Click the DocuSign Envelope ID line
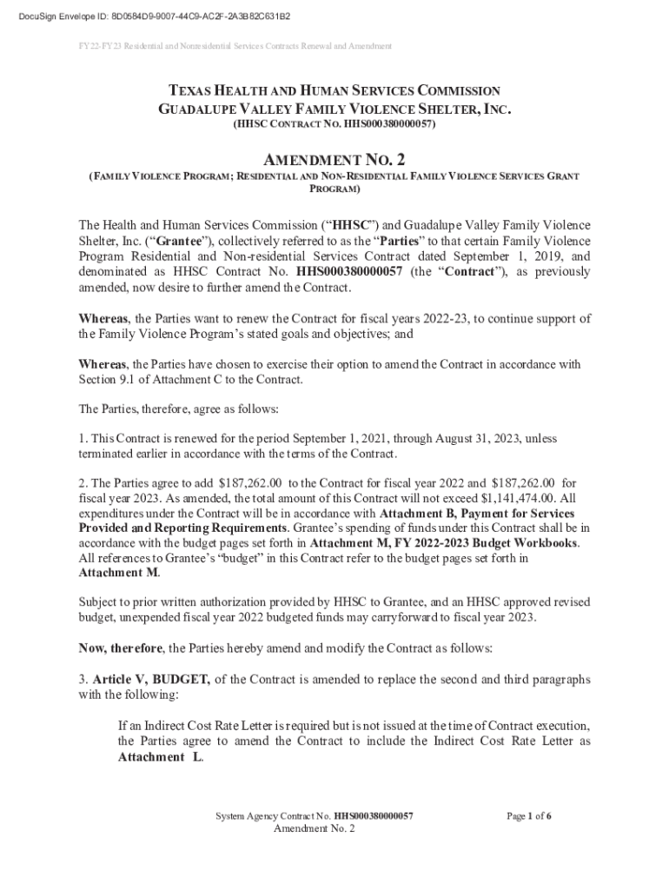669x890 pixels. pos(148,17)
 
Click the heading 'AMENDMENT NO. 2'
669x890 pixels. pos(334,160)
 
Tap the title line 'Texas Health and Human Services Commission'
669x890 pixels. pos(334,90)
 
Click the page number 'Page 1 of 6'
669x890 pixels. pos(529,816)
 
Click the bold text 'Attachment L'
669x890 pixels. pos(160,757)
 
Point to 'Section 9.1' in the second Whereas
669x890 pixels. pos(110,379)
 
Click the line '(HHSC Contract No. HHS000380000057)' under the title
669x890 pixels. pos(334,124)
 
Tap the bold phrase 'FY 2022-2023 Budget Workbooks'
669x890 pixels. pos(480,543)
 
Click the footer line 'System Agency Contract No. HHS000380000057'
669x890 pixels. pos(315,816)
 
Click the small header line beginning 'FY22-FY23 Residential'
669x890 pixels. pos(229,46)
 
